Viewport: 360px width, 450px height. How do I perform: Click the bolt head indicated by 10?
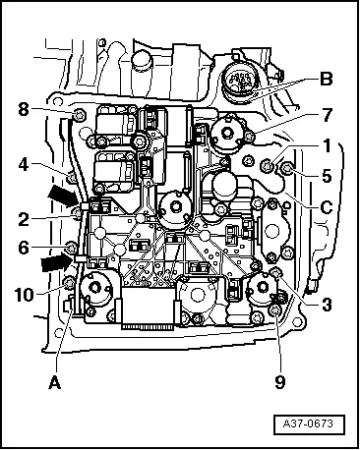[x=67, y=284]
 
